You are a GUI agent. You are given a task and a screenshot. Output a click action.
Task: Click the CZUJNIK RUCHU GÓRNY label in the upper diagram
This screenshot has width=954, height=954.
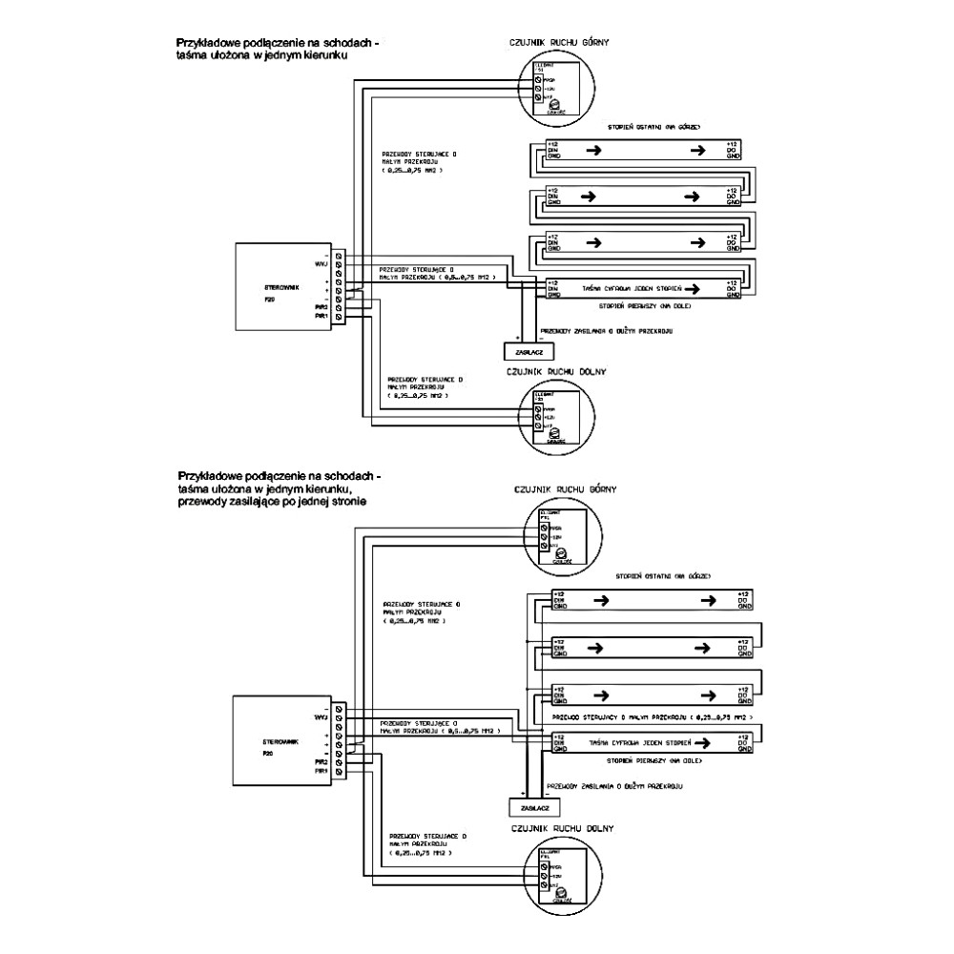tap(561, 43)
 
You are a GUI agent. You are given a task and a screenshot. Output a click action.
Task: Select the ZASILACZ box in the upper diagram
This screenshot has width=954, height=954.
tap(521, 352)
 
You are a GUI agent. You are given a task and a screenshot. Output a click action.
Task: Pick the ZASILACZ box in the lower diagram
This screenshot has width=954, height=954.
tap(528, 807)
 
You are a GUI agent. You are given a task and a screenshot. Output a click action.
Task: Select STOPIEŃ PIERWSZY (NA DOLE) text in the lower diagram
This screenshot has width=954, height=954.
tap(654, 761)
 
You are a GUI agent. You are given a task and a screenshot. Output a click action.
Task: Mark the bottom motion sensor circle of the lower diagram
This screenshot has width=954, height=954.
tap(561, 876)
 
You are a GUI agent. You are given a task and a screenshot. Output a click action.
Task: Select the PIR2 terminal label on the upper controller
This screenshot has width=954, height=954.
tap(321, 307)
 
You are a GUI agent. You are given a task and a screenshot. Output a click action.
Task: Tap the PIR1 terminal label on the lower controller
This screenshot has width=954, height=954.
tap(321, 771)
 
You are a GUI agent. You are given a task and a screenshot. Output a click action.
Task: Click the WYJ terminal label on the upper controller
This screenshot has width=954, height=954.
tap(321, 262)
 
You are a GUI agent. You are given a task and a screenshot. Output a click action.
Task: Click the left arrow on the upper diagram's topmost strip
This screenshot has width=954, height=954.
tap(593, 149)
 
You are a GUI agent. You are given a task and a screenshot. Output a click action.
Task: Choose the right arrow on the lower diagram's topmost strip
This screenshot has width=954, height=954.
tap(706, 600)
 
